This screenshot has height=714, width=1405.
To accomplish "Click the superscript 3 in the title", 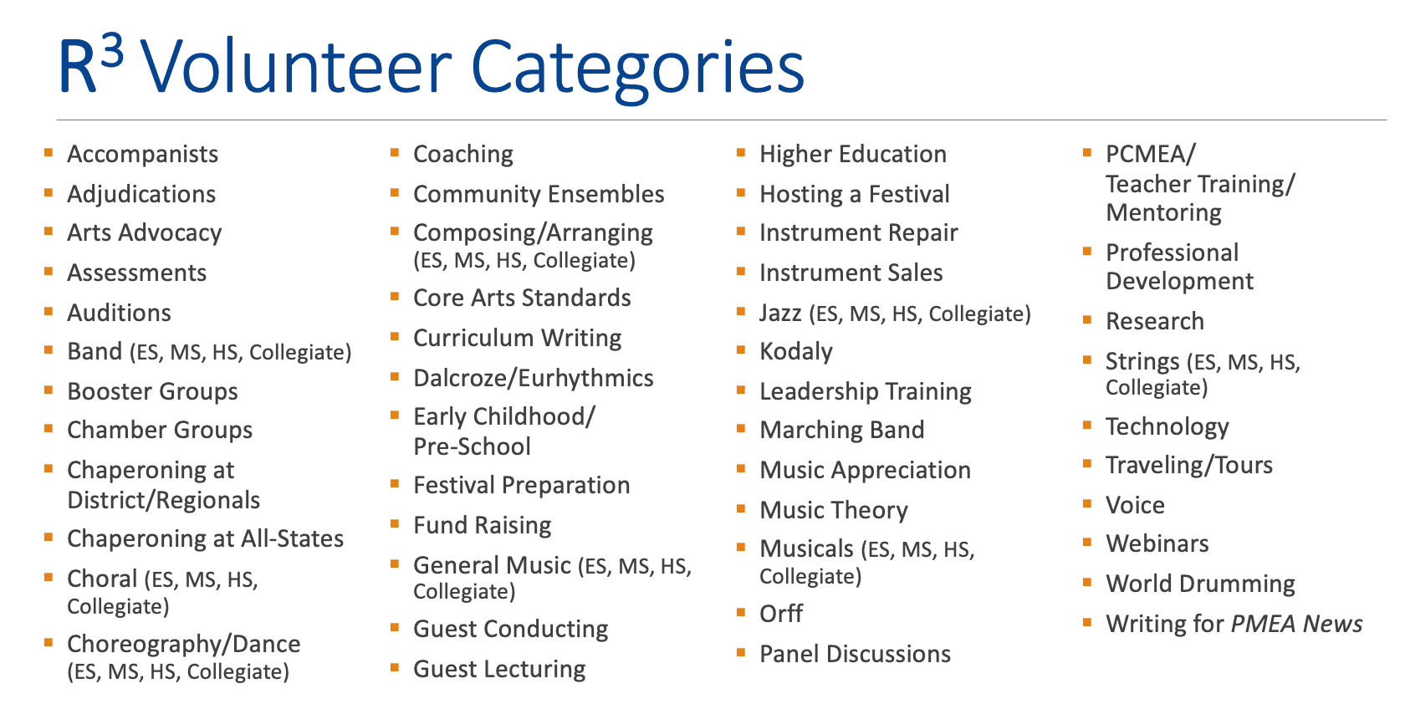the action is click(x=112, y=50).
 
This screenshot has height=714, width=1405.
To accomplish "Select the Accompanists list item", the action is click(x=143, y=154).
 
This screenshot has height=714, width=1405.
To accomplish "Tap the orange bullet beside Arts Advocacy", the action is click(x=49, y=232).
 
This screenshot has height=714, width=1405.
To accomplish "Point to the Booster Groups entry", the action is click(x=152, y=392).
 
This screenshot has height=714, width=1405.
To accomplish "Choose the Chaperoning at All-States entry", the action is click(x=205, y=538).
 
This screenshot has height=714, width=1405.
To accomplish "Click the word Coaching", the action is click(x=463, y=155).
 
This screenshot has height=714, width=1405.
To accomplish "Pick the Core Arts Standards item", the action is click(x=522, y=298).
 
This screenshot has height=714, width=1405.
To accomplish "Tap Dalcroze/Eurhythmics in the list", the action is click(x=534, y=379).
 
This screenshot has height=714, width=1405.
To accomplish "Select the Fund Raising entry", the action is click(x=483, y=525).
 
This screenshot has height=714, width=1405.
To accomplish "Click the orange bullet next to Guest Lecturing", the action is click(x=395, y=668).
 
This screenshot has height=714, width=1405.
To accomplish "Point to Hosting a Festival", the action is click(x=855, y=194).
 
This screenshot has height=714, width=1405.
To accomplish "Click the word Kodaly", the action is click(x=796, y=352).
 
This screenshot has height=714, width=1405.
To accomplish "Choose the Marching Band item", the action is click(x=841, y=430).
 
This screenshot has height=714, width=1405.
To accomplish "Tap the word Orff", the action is click(x=781, y=614).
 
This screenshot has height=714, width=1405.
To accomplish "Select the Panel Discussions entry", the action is click(x=855, y=654).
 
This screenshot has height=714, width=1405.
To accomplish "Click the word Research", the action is click(x=1155, y=321).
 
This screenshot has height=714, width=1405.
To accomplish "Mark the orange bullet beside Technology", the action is click(x=1087, y=425).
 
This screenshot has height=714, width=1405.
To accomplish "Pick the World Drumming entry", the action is click(x=1201, y=584).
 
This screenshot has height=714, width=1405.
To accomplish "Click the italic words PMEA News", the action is click(x=1296, y=624).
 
